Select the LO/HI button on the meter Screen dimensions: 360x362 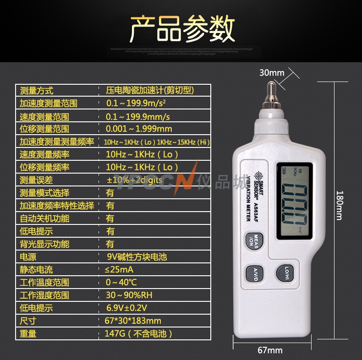coord(286,273)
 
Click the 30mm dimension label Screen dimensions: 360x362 coord(272,72)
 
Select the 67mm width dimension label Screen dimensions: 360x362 coord(270,350)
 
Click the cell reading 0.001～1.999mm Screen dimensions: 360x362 coord(139,129)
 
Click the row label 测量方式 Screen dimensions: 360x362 coord(36,91)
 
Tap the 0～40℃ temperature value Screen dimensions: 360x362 coord(121,283)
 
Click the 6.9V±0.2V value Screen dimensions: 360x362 coord(126,308)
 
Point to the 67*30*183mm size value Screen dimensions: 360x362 coord(133,321)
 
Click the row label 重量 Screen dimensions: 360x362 coord(28,334)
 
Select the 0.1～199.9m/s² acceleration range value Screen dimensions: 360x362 coord(136,103)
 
